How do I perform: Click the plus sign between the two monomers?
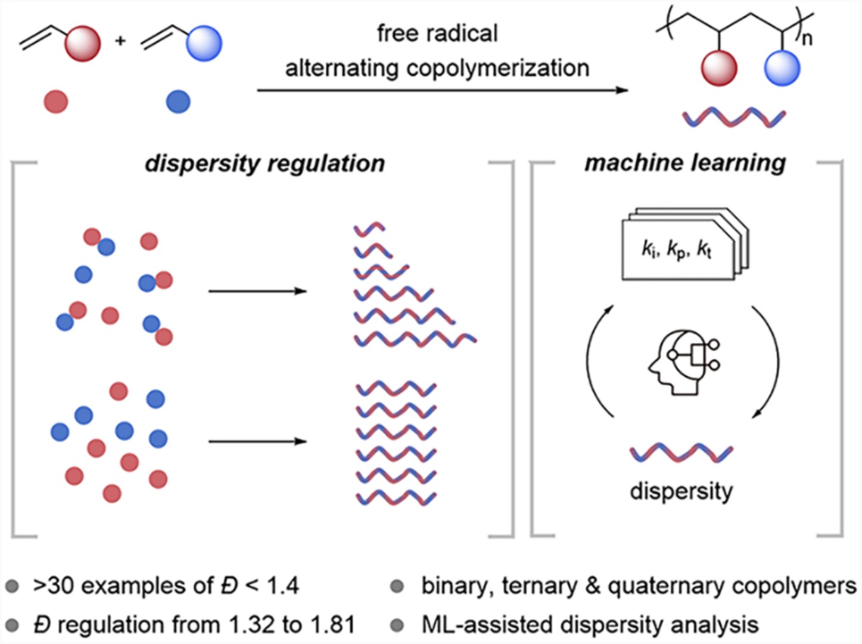point(120,41)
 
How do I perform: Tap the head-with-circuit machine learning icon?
point(683,361)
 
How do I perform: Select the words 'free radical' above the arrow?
point(437,33)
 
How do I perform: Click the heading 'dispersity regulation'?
point(264,163)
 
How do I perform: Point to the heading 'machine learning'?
point(685,163)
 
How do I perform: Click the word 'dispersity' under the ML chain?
point(681,491)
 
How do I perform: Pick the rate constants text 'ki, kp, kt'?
point(676,249)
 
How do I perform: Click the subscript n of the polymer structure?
point(807,39)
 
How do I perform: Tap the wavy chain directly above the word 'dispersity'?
point(681,453)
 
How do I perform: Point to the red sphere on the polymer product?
point(719,67)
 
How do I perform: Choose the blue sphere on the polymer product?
point(782,67)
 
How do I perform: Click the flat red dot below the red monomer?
point(56,102)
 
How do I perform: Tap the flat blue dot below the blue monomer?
point(178,102)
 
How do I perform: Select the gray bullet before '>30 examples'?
point(11,587)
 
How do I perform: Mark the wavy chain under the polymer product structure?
point(734,118)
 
